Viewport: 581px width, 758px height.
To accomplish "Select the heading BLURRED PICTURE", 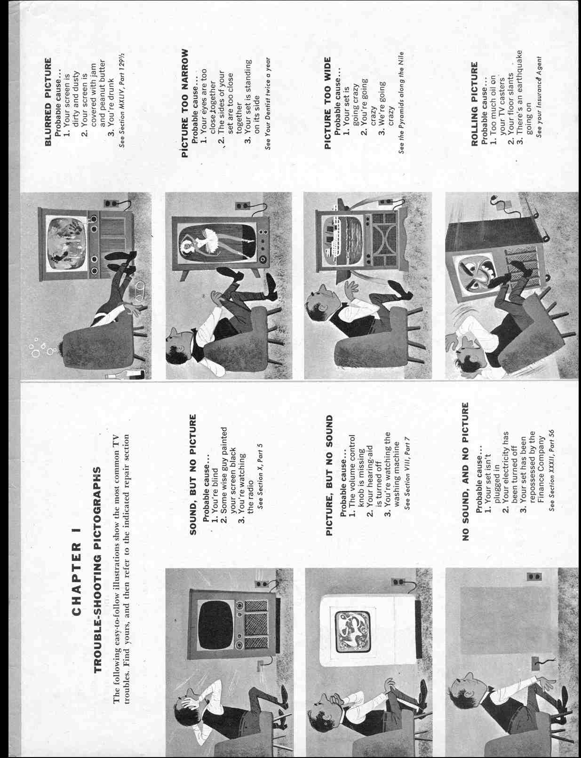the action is (x=48, y=102).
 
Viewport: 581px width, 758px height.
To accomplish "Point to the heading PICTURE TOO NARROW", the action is (x=185, y=103).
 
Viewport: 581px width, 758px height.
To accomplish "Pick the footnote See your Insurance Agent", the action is (x=539, y=97).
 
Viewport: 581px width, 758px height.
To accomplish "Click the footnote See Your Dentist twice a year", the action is (x=267, y=103).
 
